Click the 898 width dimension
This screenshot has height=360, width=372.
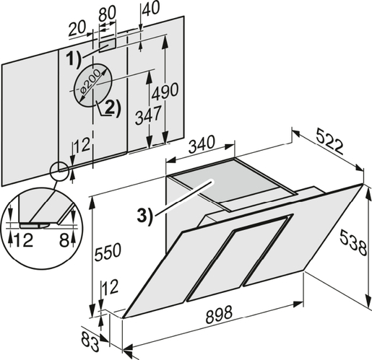pyautogui.click(x=219, y=314)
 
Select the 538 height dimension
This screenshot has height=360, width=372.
pyautogui.click(x=353, y=242)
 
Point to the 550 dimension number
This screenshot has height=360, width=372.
pyautogui.click(x=107, y=252)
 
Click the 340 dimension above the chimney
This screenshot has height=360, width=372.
pyautogui.click(x=201, y=144)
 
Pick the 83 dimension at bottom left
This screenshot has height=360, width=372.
pyautogui.click(x=90, y=341)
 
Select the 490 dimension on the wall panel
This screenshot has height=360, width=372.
pyautogui.click(x=165, y=91)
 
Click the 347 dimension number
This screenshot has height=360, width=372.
pyautogui.click(x=148, y=115)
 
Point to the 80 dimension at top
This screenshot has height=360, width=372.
pyautogui.click(x=108, y=13)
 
